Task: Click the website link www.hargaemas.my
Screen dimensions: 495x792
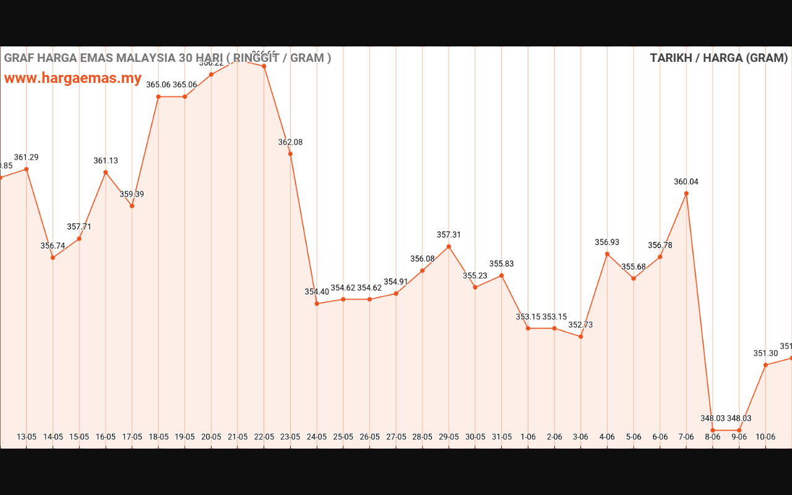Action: tap(73, 79)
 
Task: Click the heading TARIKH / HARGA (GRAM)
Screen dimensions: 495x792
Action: tap(718, 58)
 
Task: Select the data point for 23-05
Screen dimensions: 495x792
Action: tap(290, 153)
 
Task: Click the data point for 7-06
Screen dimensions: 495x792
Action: tap(686, 193)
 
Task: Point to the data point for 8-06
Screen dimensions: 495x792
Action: tap(713, 430)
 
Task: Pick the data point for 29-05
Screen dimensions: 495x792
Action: tap(449, 246)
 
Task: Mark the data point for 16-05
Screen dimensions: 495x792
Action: tap(106, 172)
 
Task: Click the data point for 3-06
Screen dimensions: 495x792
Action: tap(580, 336)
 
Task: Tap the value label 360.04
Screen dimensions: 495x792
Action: tap(686, 182)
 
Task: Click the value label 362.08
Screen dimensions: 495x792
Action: tap(290, 142)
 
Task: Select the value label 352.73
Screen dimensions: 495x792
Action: tap(580, 325)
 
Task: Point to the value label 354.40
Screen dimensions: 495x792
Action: tap(317, 292)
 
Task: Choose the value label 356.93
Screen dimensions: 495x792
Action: tap(607, 243)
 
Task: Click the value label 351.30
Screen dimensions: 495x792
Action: tap(765, 353)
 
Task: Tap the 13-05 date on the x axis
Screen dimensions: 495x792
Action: tap(27, 437)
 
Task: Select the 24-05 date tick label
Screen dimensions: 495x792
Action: tap(317, 437)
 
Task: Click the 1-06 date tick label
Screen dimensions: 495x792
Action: tap(528, 437)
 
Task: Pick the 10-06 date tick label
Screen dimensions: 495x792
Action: tap(765, 437)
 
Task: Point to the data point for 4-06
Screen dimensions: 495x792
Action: tap(607, 254)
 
